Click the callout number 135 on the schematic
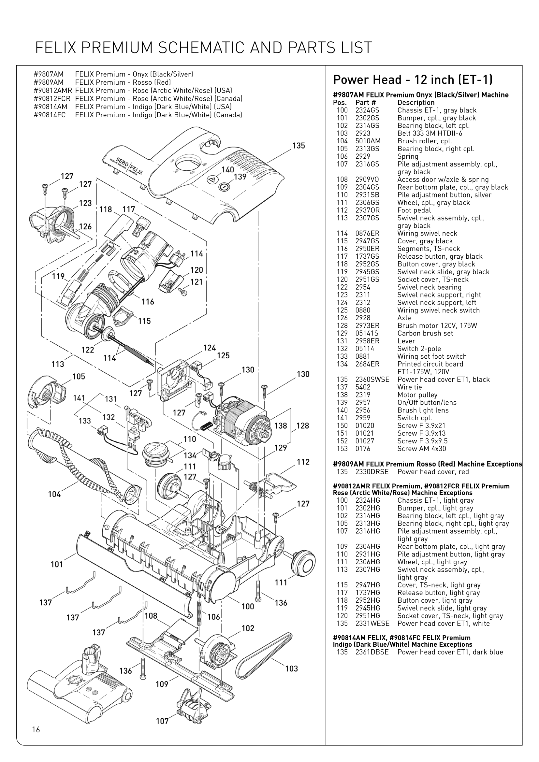[299, 146]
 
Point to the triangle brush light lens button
[212, 180]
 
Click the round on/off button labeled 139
[224, 187]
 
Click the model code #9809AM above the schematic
[48, 82]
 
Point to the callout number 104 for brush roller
[54, 494]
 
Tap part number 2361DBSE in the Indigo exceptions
[372, 652]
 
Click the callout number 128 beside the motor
[302, 425]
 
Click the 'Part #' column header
[365, 103]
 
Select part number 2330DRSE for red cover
[372, 472]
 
